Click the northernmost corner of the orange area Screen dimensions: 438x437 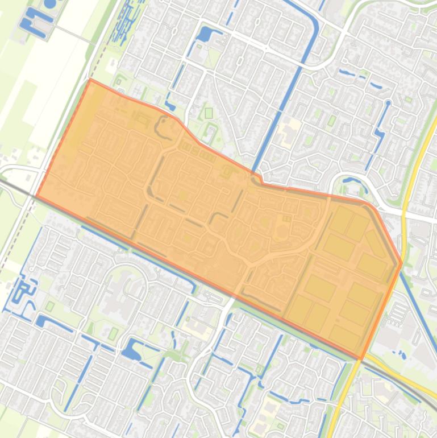(91, 80)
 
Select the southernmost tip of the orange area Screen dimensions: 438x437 (361, 360)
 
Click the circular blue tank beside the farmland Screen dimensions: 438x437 (50, 3)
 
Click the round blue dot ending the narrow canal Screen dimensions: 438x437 (388, 104)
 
